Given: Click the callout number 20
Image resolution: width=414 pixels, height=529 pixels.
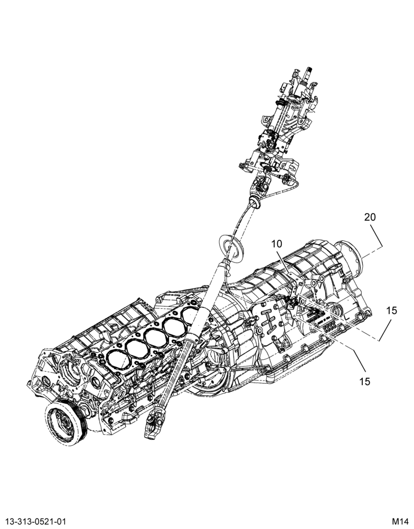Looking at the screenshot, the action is coord(370,217).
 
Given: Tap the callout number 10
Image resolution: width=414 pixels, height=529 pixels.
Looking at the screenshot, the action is coord(277,243).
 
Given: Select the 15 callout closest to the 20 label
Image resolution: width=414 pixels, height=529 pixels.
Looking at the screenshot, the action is coord(391,311).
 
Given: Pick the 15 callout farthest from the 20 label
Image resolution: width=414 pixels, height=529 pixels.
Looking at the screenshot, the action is coord(364,381).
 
